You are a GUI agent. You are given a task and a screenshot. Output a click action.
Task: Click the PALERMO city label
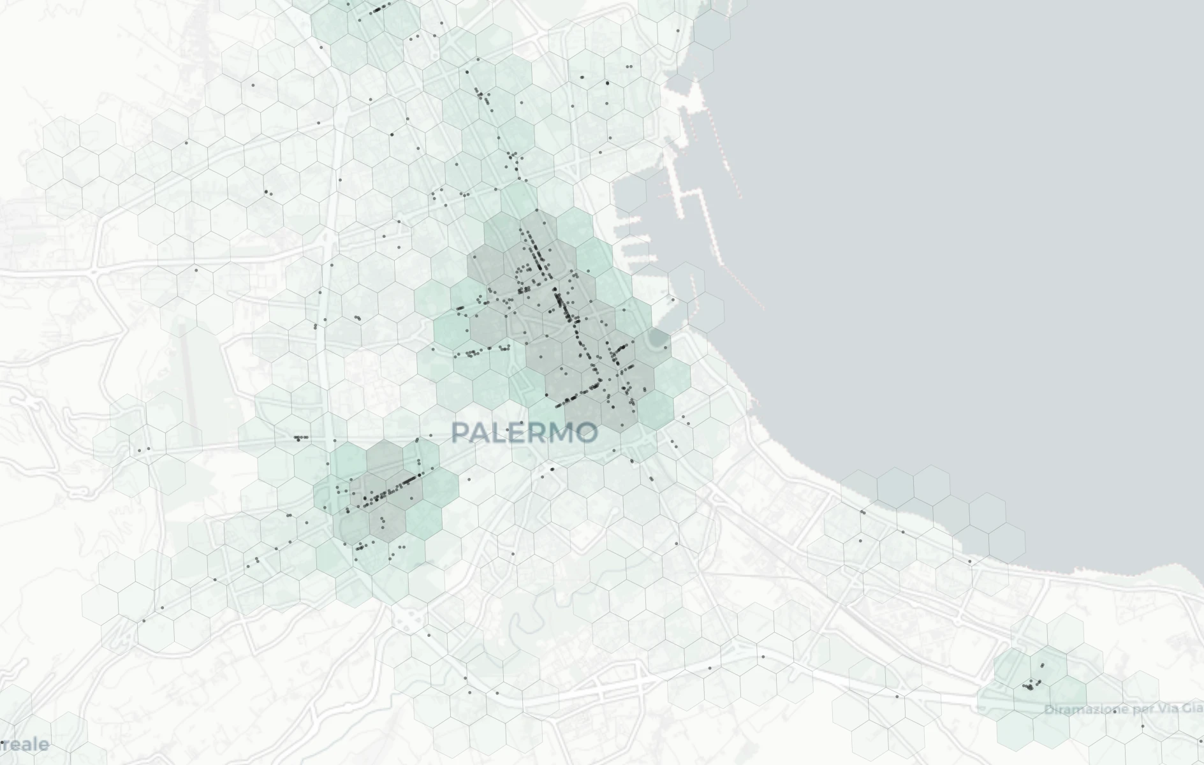point(524,433)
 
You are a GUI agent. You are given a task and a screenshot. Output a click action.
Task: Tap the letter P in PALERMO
point(460,433)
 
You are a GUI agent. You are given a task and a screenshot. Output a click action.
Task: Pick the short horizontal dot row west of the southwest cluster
point(300,437)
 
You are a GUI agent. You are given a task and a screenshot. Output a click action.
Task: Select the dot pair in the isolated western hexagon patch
point(144,450)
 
